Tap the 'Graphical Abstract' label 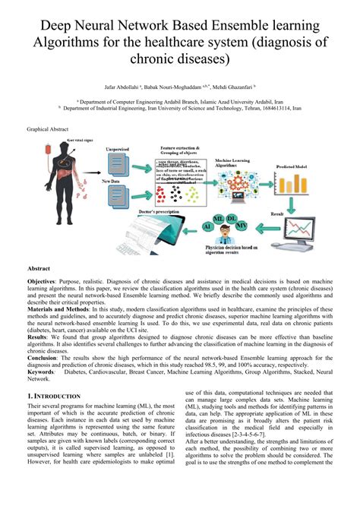pyautogui.click(x=49, y=130)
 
